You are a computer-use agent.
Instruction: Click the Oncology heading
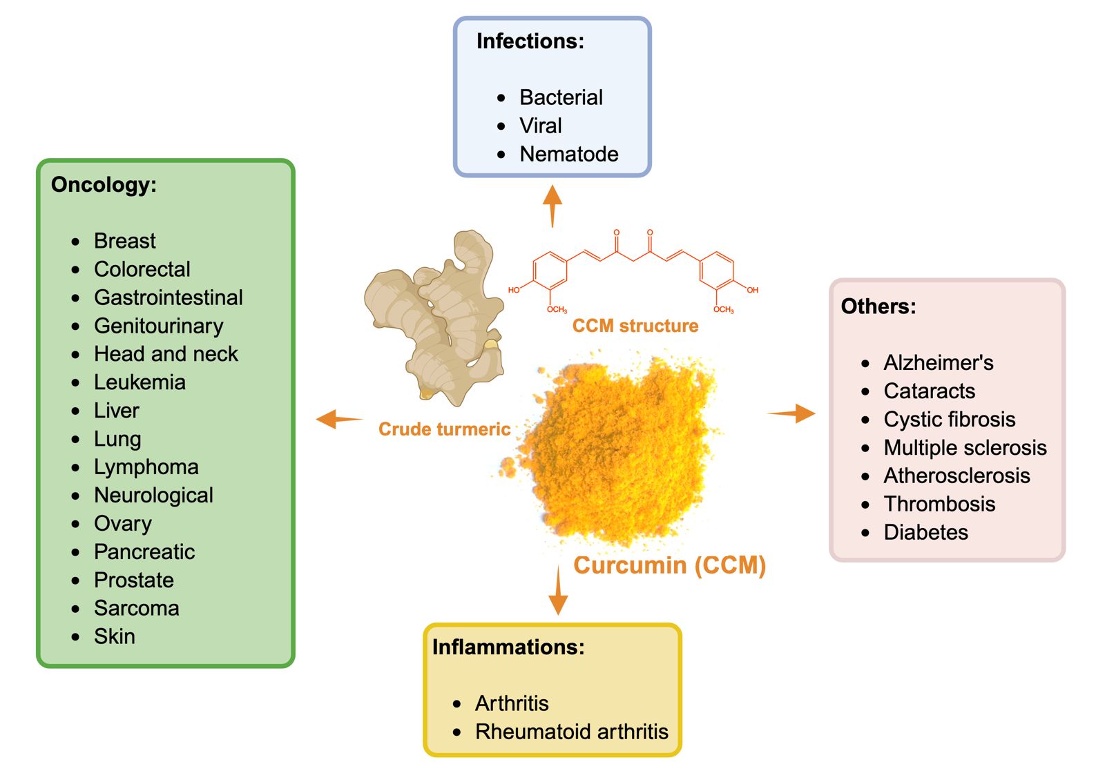click(104, 185)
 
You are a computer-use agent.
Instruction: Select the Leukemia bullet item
click(140, 382)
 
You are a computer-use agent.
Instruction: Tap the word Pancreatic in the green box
click(144, 552)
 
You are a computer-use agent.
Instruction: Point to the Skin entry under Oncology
click(115, 636)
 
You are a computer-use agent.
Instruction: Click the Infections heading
click(530, 41)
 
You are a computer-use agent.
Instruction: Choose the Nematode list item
click(569, 154)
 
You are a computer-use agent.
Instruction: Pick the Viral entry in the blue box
click(541, 126)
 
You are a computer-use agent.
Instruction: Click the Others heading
click(878, 306)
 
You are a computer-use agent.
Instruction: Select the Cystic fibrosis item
click(950, 420)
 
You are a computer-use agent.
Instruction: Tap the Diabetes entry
click(926, 533)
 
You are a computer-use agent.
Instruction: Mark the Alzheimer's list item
click(939, 363)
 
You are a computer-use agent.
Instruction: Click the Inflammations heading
click(508, 647)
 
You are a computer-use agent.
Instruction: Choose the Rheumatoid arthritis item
click(572, 732)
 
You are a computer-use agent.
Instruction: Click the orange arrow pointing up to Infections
click(552, 205)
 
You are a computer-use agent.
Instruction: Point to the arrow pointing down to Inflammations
click(558, 591)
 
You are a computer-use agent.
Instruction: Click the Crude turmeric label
click(444, 429)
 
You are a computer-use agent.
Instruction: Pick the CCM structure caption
click(635, 326)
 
